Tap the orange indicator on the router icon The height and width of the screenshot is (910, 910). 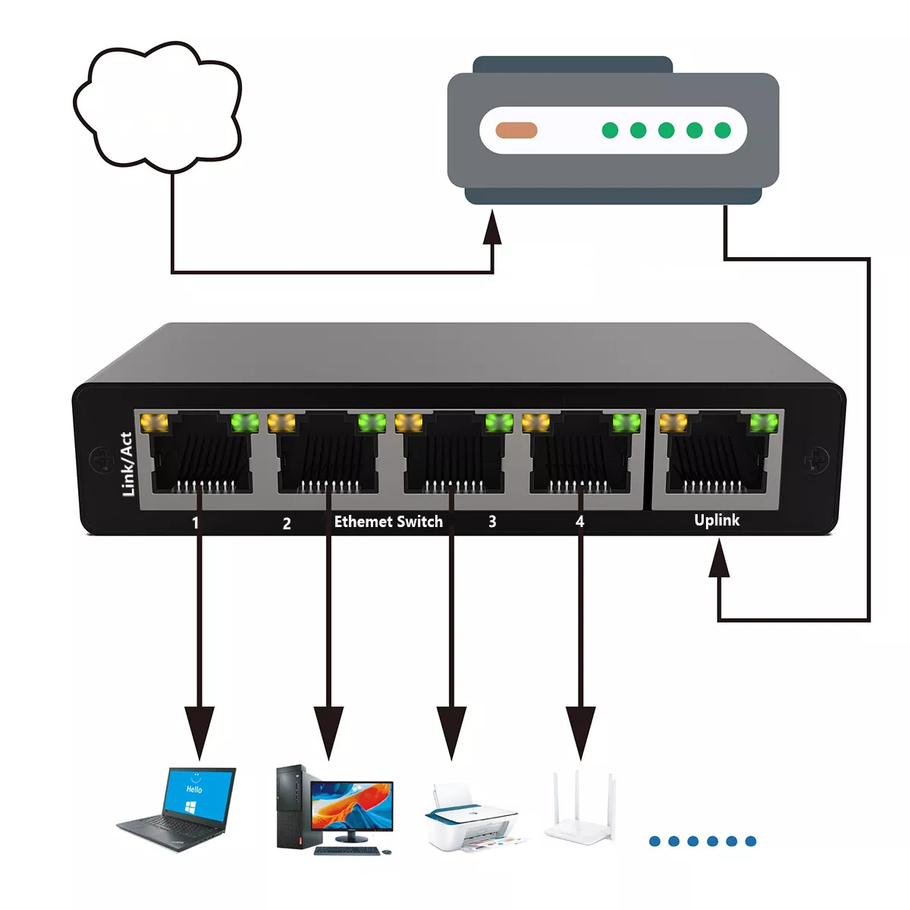pos(516,130)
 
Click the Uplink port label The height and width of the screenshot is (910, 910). pos(717,520)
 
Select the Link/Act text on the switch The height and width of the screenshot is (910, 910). pos(127,464)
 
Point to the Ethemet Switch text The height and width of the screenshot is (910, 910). pos(388,522)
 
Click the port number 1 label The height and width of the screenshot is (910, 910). pos(196,522)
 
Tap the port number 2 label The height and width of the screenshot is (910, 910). pos(287,523)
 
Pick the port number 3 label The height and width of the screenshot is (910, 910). pos(492,522)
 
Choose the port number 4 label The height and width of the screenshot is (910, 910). pos(580,522)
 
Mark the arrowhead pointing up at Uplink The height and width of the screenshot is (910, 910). pos(718,565)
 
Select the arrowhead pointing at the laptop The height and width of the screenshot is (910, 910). pos(199,733)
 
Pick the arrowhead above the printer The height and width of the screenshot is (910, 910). pos(452,733)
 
